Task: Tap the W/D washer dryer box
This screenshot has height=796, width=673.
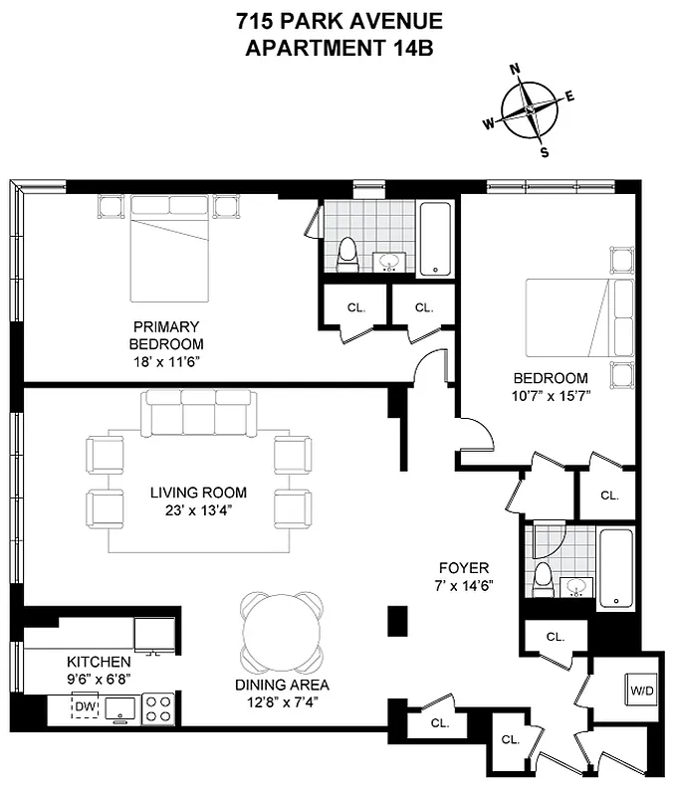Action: (x=638, y=688)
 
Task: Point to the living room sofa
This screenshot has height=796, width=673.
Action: (x=198, y=412)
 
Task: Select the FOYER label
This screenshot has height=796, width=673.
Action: (x=458, y=570)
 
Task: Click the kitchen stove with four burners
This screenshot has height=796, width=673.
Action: (x=158, y=707)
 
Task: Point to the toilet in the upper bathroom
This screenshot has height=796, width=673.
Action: (x=347, y=255)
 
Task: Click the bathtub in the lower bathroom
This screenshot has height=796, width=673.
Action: (x=616, y=568)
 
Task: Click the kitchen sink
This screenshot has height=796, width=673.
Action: (x=121, y=707)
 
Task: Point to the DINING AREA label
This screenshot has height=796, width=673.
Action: (x=282, y=685)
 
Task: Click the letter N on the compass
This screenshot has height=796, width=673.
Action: (x=516, y=70)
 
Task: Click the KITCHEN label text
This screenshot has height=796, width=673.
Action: (x=99, y=662)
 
